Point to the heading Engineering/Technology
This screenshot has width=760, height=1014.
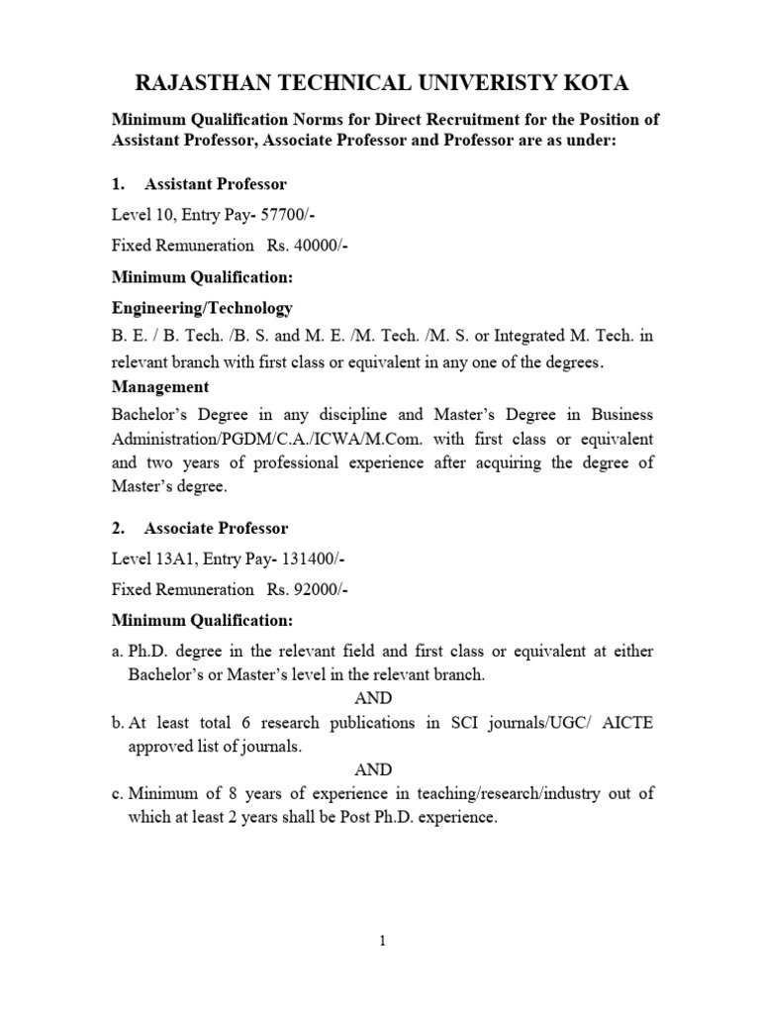[x=202, y=308]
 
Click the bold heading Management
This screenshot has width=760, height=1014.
[x=160, y=386]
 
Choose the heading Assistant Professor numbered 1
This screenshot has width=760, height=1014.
[x=216, y=184]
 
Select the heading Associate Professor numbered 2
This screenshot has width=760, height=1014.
[x=217, y=529]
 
